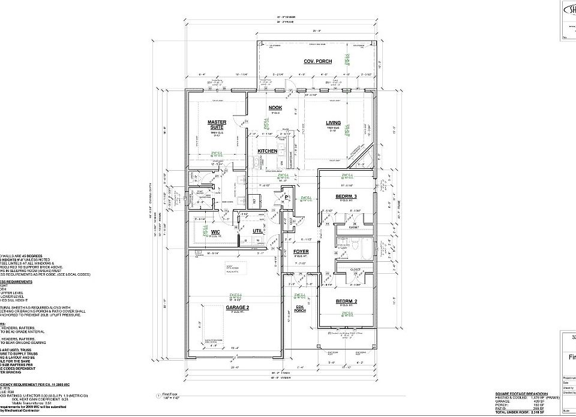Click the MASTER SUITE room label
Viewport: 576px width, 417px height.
tap(217, 125)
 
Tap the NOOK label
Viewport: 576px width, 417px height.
tap(275, 108)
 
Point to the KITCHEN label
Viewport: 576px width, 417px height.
tap(268, 152)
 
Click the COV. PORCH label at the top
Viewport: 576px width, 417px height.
tap(317, 61)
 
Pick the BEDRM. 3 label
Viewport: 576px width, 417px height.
tap(346, 197)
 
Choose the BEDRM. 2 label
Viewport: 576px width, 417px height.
tap(346, 301)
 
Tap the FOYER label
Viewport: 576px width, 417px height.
tap(301, 252)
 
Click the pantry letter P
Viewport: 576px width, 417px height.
tap(287, 197)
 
